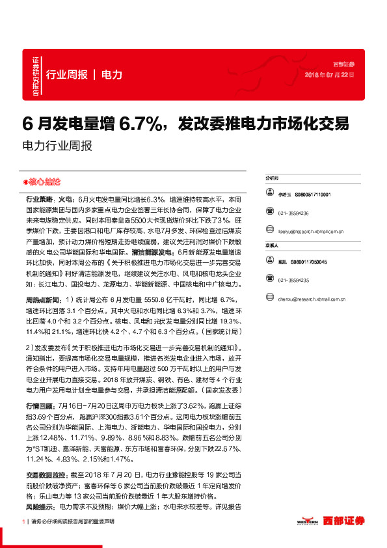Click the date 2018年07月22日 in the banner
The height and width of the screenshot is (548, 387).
[x=330, y=75]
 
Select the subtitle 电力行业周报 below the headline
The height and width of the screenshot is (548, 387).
[x=57, y=146]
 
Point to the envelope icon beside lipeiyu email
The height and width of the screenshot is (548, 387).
[x=269, y=231]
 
